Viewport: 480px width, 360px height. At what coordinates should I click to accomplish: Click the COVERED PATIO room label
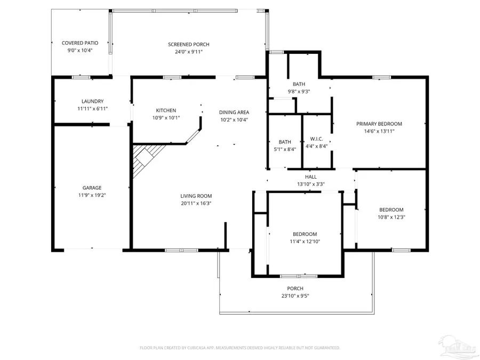coord(80,43)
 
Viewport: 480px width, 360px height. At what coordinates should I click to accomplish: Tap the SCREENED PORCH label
coord(189,44)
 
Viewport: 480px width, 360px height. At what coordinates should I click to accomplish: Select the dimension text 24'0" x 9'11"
coord(189,52)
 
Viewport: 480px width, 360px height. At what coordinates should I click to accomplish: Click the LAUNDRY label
coord(92,101)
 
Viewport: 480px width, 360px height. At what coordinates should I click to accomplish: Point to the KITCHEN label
coord(166,110)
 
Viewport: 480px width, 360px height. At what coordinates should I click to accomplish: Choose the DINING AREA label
coord(234,113)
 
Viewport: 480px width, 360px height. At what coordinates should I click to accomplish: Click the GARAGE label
coord(92,188)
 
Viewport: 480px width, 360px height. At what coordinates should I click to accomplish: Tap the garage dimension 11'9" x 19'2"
coord(92,195)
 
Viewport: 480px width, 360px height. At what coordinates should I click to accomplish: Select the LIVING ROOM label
coord(196,196)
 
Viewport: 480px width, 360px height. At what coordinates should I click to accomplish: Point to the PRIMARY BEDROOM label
coord(379,124)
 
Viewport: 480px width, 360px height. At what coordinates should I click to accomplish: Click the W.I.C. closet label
coord(316,139)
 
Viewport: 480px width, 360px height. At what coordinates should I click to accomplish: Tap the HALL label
coord(311,177)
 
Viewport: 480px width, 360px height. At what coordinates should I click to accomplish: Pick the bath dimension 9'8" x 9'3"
coord(299,92)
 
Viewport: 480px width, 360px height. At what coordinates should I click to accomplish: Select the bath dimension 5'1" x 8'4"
coord(285,149)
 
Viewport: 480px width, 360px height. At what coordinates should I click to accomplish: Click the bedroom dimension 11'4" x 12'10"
coord(305,242)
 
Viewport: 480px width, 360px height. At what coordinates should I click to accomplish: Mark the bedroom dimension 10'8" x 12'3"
coord(391,218)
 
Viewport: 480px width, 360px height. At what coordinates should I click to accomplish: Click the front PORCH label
coord(295,289)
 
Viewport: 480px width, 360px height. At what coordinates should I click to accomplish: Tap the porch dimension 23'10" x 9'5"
coord(295,296)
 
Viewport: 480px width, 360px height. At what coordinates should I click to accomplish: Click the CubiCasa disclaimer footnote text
coord(239,348)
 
